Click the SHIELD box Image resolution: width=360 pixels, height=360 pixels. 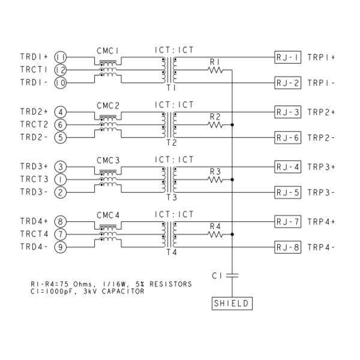point(232,304)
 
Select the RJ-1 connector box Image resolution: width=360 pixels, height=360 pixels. point(287,57)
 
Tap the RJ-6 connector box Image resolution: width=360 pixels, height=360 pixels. point(287,137)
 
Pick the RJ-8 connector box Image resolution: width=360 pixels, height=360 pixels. point(287,247)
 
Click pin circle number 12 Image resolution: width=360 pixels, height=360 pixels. point(60,70)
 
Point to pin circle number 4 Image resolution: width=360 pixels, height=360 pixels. point(60,112)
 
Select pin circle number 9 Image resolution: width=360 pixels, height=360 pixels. point(60,247)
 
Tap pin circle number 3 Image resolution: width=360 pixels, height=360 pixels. point(60,166)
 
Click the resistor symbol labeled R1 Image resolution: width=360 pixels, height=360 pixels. point(215,71)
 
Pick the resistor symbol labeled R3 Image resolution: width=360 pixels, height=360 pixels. point(215,179)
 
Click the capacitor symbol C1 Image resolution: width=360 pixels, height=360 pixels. point(232,275)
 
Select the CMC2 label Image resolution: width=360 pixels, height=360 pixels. point(109,105)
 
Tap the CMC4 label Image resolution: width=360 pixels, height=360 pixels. point(109,214)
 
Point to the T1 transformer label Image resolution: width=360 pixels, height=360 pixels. point(170,88)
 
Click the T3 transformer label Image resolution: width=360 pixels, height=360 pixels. point(170,197)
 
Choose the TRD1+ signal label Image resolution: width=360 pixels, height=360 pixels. point(34,57)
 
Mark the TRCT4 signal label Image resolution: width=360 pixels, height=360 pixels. point(34,234)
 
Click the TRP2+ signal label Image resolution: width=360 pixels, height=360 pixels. point(322,112)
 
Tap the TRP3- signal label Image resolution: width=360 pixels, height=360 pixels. point(322,193)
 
